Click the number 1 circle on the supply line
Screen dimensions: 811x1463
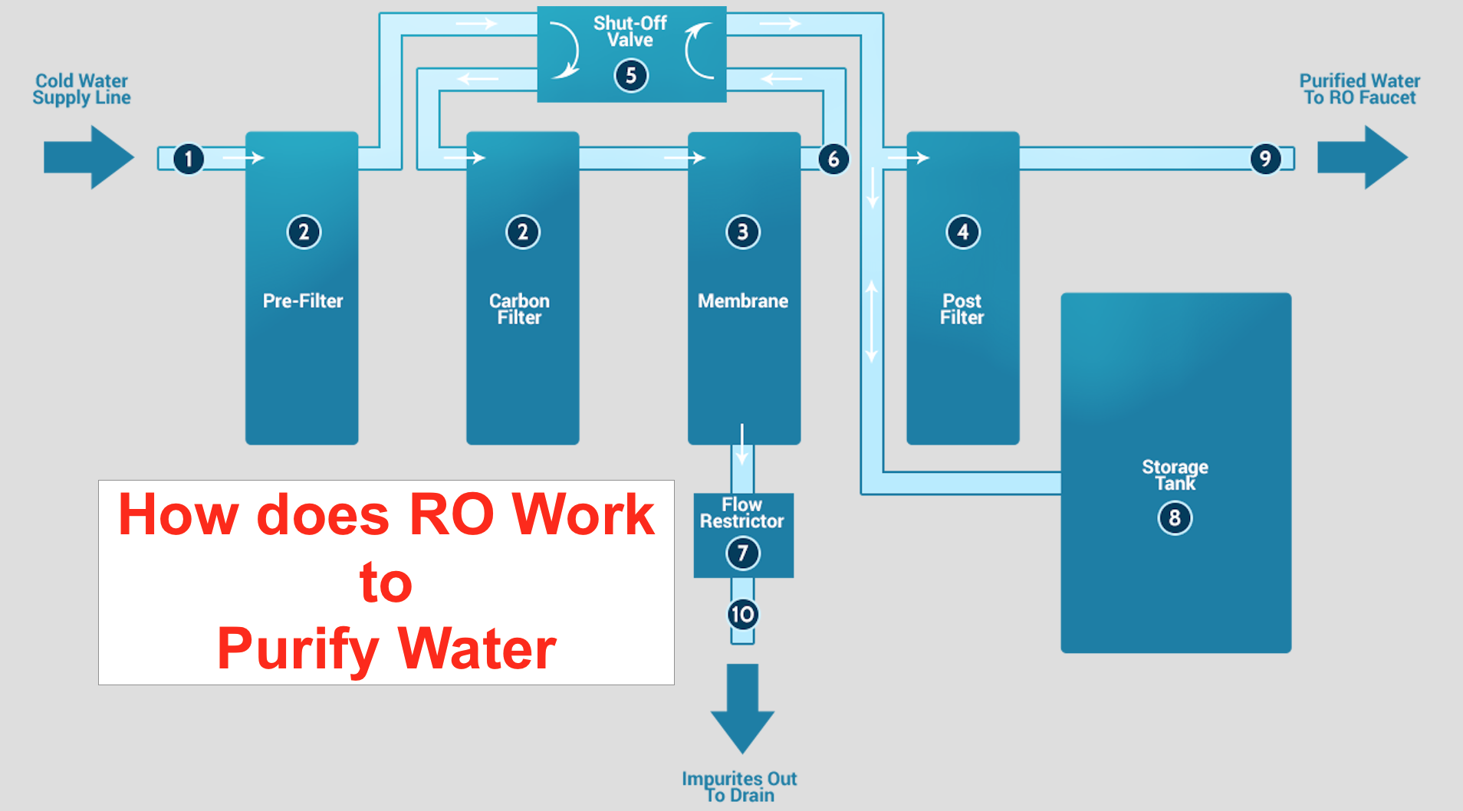(189, 159)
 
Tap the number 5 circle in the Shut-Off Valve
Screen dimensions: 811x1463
(631, 75)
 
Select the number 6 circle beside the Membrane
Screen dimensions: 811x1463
(833, 159)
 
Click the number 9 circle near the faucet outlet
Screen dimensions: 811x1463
(1265, 159)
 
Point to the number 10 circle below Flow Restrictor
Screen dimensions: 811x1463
(742, 614)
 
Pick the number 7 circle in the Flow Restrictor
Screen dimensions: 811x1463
(742, 553)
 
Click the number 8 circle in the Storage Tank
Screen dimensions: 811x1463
(1175, 518)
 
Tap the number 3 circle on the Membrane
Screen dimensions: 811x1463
(742, 231)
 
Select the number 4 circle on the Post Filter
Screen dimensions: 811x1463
(963, 231)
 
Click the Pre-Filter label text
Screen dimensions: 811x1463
(303, 300)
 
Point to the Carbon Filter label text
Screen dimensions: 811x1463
(519, 309)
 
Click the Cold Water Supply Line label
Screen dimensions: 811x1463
(81, 89)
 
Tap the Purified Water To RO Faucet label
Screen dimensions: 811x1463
(1359, 89)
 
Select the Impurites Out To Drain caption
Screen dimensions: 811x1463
(739, 787)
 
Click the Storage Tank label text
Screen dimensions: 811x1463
(1175, 474)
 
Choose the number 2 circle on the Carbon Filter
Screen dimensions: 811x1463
(523, 231)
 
